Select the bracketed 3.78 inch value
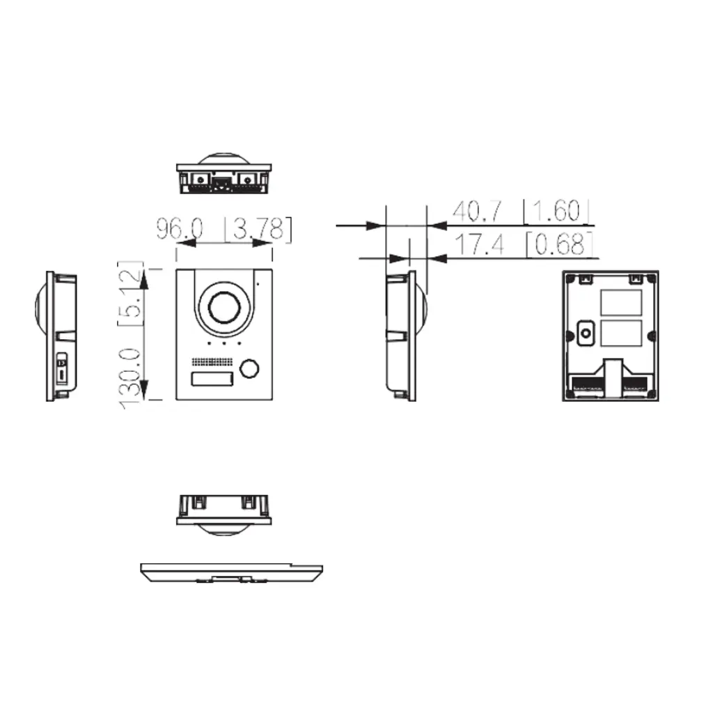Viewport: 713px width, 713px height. (258, 229)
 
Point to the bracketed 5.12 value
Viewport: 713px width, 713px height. (132, 294)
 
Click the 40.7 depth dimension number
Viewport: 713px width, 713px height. (476, 211)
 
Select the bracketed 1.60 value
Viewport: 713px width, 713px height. (557, 211)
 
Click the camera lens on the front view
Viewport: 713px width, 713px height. (223, 307)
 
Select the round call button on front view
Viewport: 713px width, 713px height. (248, 370)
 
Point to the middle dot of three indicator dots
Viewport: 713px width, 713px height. (223, 343)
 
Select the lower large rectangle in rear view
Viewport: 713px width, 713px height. (620, 334)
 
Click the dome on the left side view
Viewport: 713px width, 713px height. (39, 307)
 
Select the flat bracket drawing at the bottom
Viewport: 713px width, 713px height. (230, 572)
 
